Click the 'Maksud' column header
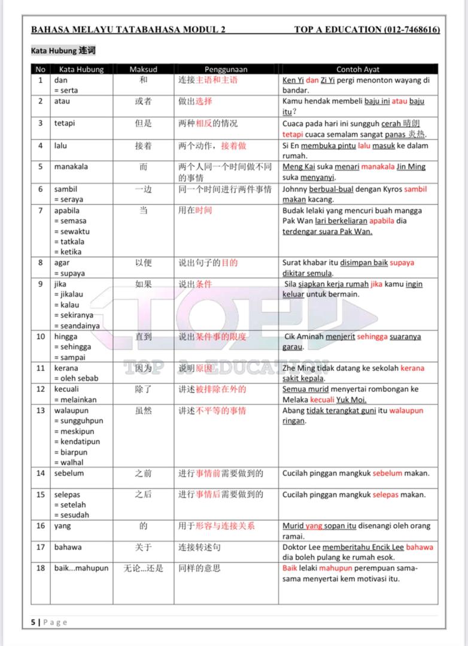point(143,69)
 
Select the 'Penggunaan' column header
point(226,69)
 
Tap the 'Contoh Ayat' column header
point(358,69)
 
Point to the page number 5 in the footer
point(34,622)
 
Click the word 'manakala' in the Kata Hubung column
point(71,167)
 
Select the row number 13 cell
point(41,410)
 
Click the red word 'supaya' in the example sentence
point(402,263)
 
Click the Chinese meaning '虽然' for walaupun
point(143,410)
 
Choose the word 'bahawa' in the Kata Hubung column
point(68,547)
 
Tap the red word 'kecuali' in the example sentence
point(339,400)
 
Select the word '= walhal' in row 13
point(69,462)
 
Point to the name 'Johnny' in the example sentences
point(296,189)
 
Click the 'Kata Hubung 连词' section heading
point(63,51)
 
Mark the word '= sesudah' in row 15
point(71,515)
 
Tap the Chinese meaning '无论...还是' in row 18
point(143,568)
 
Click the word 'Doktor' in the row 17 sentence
point(296,547)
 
